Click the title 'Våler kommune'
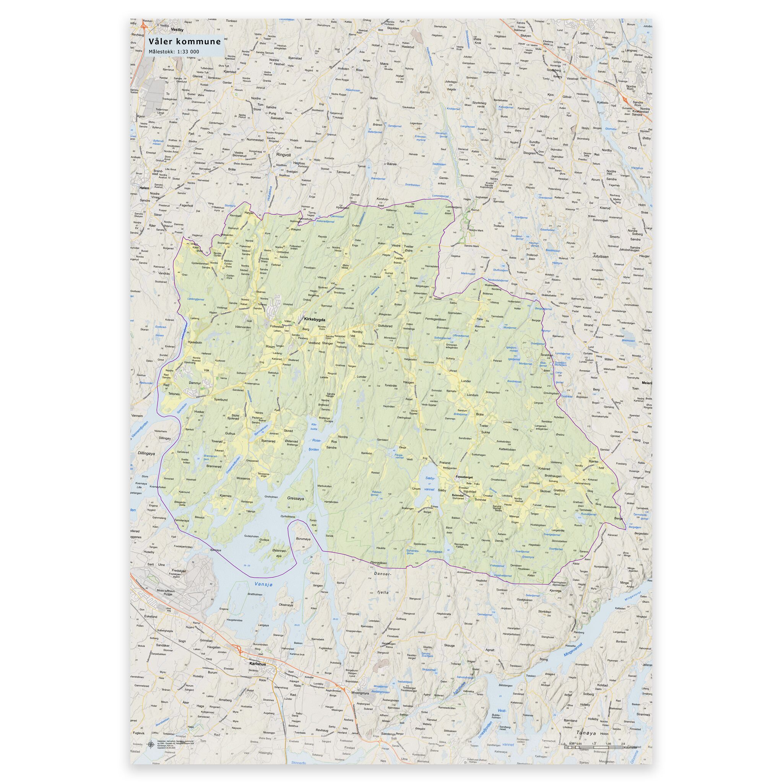184,41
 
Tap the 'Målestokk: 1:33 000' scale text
174,52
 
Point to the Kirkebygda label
315,319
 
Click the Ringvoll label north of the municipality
283,155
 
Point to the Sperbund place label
221,399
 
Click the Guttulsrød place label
385,325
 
